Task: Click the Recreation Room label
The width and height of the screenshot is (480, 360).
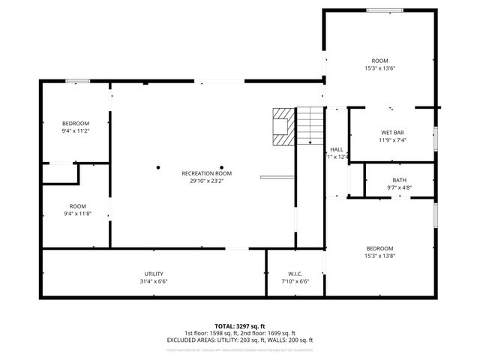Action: tap(202, 173)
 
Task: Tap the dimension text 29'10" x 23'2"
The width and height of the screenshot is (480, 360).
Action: tap(202, 181)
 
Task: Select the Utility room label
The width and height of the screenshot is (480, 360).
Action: tap(154, 274)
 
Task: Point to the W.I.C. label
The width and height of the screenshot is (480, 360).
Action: tap(295, 274)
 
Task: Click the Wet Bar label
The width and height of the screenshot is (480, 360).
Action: tap(392, 133)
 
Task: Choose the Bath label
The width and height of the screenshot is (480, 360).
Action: tap(399, 180)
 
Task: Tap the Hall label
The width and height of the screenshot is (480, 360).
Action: tap(337, 149)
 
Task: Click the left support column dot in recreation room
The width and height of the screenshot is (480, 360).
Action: tap(159, 167)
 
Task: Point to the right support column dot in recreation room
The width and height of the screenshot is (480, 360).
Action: tap(222, 167)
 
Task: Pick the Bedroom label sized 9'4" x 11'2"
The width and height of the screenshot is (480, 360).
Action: tap(76, 123)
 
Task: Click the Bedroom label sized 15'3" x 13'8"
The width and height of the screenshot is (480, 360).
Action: tap(379, 248)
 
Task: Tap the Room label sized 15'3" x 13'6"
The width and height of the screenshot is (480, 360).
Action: tap(379, 61)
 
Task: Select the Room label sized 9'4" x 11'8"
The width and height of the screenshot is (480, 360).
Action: tap(78, 206)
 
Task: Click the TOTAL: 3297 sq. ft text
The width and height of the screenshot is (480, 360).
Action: tap(240, 326)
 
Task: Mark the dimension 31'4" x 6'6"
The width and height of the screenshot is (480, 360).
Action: tap(154, 281)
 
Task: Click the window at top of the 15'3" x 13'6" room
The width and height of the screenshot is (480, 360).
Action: tap(379, 10)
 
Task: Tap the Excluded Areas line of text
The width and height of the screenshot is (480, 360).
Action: tap(240, 340)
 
